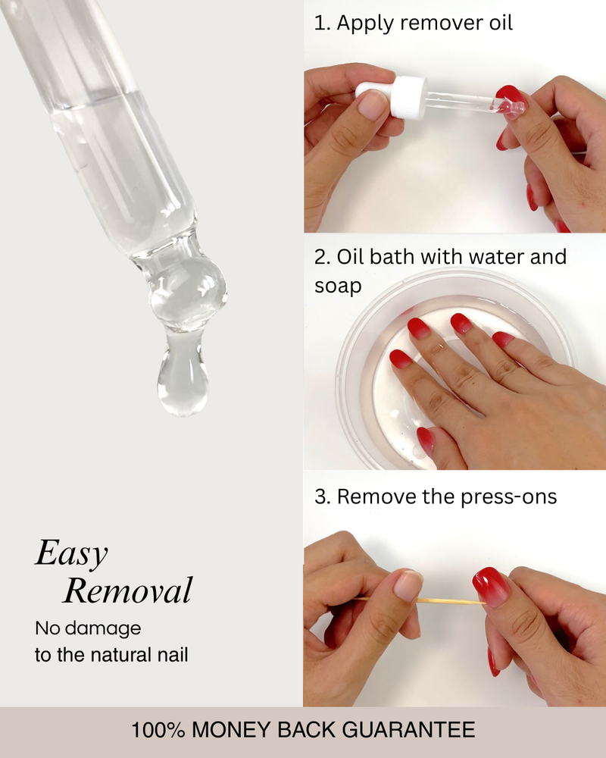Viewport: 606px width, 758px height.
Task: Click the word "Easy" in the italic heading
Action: point(70,554)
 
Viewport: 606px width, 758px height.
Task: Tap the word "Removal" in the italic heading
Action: point(127,590)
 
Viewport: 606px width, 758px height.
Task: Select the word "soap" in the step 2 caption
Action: point(338,286)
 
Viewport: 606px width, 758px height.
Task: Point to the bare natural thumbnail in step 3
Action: point(408,585)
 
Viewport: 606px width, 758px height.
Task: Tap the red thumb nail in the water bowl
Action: point(426,440)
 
